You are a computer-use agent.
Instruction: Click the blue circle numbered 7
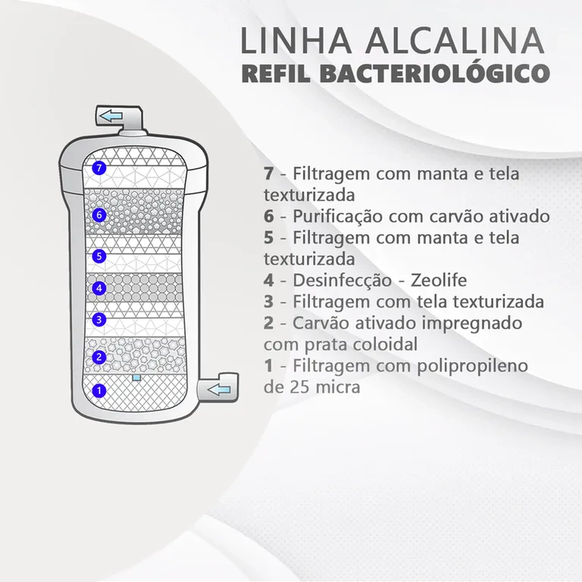point(99,168)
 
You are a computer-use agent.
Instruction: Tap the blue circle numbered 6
point(99,215)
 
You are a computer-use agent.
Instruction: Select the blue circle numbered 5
point(99,256)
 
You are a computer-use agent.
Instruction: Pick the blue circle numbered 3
point(99,320)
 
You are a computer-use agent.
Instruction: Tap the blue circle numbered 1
point(99,391)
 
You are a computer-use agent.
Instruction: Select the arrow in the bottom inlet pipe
point(219,390)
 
